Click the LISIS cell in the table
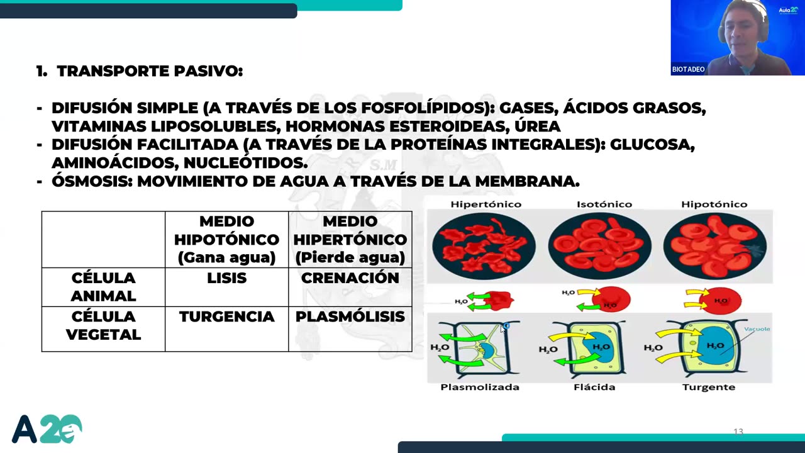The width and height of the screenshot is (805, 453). (x=226, y=278)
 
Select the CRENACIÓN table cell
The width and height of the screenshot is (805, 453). (x=350, y=278)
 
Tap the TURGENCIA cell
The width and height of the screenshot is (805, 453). (x=226, y=316)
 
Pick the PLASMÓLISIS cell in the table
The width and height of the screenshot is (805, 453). (x=350, y=316)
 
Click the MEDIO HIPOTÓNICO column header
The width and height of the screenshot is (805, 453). (x=226, y=239)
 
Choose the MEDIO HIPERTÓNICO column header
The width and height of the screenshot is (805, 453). (x=350, y=239)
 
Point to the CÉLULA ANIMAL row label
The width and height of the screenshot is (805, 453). (x=103, y=287)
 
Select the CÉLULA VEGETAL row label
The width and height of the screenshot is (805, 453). (x=103, y=325)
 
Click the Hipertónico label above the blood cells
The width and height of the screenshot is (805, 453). (x=486, y=204)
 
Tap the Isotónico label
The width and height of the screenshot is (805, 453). (x=604, y=204)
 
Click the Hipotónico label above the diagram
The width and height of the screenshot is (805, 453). (x=714, y=204)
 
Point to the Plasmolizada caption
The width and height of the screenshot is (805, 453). (x=480, y=387)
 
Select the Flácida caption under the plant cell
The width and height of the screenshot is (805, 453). (x=594, y=387)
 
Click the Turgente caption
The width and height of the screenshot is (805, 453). (x=708, y=387)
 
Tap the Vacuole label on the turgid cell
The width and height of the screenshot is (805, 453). (x=757, y=329)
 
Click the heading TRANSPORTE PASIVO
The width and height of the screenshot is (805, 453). (x=149, y=71)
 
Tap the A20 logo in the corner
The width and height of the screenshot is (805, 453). (x=47, y=429)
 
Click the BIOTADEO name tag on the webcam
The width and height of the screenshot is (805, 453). (x=688, y=69)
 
